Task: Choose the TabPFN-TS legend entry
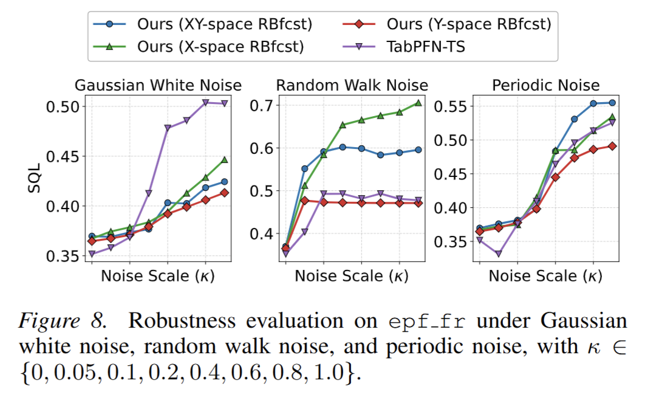coord(426,46)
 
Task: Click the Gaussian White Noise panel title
coord(158,85)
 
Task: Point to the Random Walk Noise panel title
coord(352,85)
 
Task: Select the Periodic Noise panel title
coord(547,85)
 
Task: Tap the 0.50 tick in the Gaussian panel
coord(63,106)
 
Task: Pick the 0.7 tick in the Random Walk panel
coord(262,105)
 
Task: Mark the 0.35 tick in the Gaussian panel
coord(63,256)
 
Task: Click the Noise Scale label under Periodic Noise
coord(545,276)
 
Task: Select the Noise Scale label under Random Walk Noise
coord(352,276)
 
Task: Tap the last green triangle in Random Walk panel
coord(418,103)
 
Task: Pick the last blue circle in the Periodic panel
coord(612,103)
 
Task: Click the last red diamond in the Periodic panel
coord(612,146)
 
